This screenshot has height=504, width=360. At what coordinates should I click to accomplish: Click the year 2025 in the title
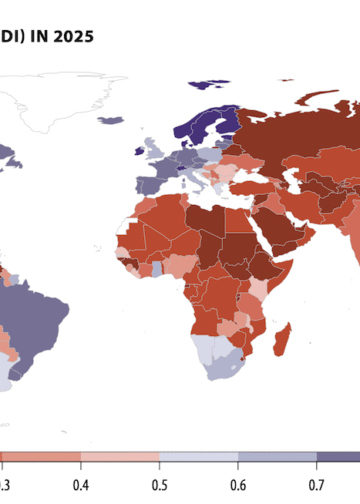click(x=74, y=38)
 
